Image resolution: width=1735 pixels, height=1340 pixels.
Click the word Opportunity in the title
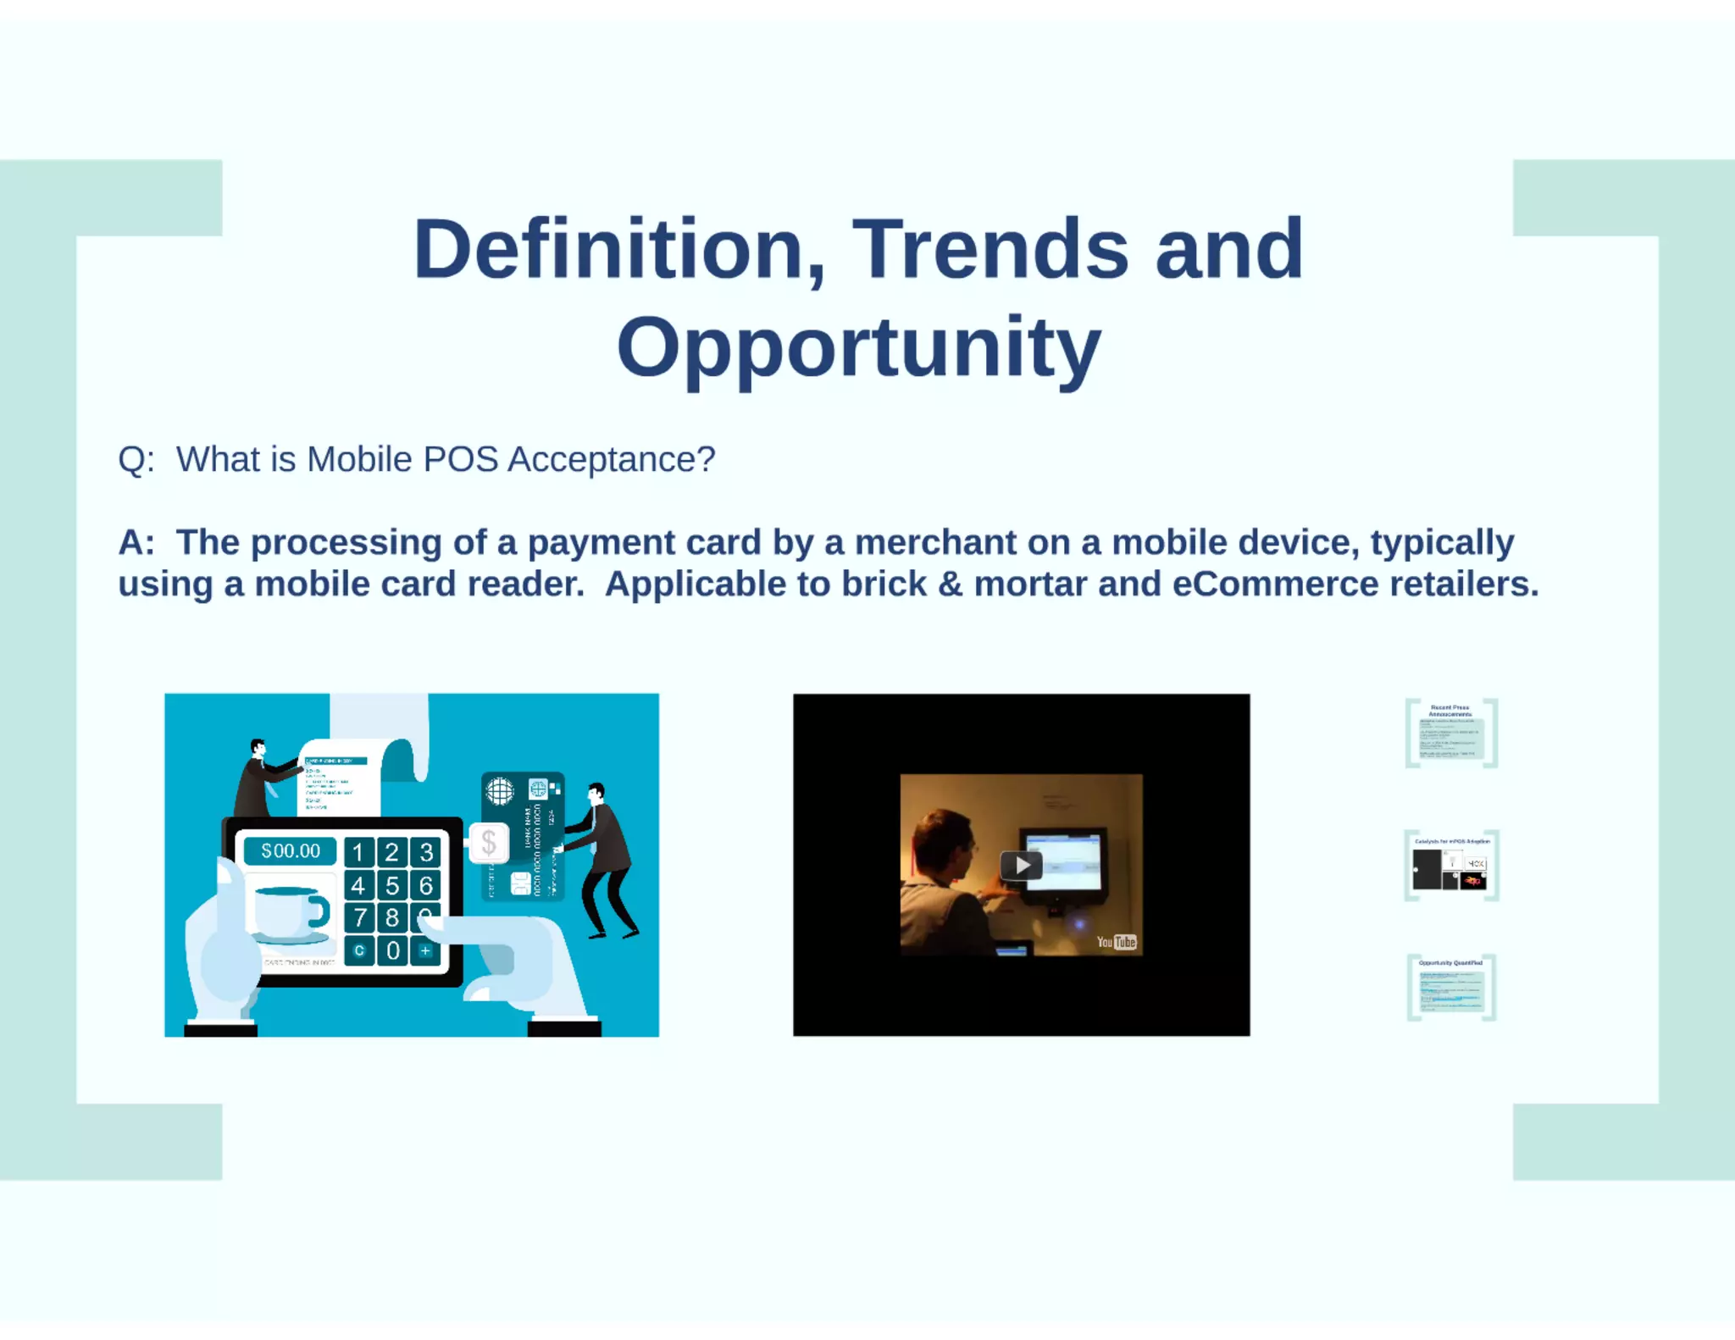(858, 346)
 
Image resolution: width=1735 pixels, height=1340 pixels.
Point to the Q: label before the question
(136, 459)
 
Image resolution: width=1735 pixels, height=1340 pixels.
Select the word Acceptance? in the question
(611, 459)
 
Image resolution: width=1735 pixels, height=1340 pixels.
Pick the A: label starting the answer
(136, 542)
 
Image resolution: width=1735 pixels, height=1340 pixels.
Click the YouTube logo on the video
(1116, 942)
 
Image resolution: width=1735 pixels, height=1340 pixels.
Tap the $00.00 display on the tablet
(290, 851)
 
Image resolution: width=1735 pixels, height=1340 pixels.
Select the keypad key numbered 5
(392, 886)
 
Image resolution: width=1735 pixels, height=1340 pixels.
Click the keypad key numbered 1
(358, 852)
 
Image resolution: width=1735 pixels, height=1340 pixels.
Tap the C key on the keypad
(359, 950)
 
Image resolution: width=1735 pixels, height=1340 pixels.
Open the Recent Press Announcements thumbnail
(1451, 734)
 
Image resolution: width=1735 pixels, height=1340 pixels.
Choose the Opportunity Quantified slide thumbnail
(1451, 988)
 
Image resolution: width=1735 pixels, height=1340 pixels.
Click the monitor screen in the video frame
(1064, 862)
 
